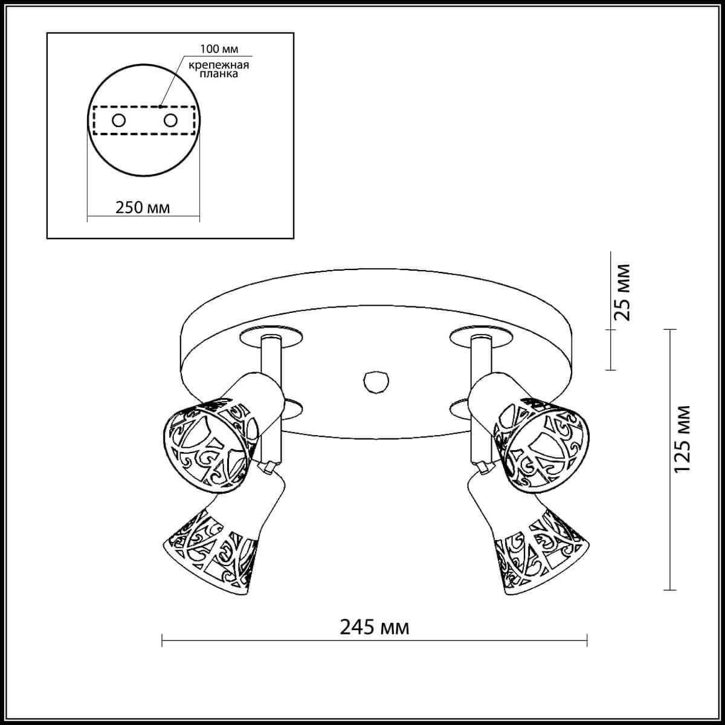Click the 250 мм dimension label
pos(143,207)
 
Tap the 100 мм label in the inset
pos(216,49)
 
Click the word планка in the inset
pos(216,76)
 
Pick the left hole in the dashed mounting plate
pos(118,120)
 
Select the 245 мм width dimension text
pos(375,628)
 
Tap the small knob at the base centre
pos(375,381)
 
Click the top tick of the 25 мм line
pos(611,253)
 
